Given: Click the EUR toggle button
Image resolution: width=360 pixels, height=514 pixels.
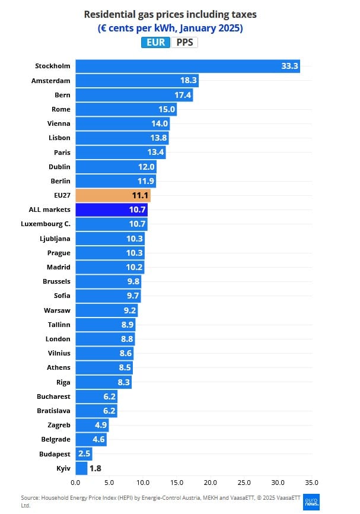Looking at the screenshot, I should [x=155, y=42].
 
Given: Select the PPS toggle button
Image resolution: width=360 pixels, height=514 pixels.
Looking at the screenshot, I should [x=184, y=42].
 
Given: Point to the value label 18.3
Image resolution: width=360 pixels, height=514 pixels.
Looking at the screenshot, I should [x=189, y=80].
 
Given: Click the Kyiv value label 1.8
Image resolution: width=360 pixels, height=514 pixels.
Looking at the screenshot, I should [x=95, y=468].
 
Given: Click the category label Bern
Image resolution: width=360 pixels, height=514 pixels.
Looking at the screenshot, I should [x=62, y=94].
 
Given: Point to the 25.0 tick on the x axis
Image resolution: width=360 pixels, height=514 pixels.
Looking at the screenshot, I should [x=244, y=483].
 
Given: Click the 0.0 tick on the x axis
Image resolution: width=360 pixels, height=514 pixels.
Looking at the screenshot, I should [x=75, y=483].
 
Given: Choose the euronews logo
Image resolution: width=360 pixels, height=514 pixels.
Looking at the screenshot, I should [x=311, y=501].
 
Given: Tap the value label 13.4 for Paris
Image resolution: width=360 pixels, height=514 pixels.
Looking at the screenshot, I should [x=155, y=152].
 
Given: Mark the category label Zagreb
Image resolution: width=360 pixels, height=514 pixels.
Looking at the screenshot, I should [x=59, y=425].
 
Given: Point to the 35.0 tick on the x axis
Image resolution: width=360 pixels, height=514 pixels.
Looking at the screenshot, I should [x=312, y=483].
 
